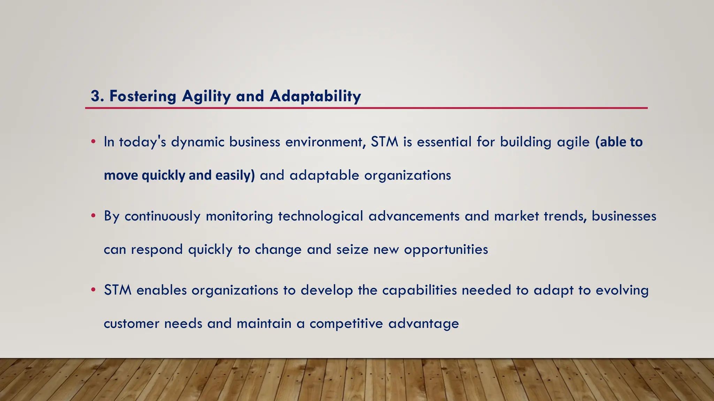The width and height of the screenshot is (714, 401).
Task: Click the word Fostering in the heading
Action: coord(143,96)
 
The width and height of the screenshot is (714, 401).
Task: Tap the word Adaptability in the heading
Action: coord(315,96)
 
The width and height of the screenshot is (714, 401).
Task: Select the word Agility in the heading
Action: coord(206,96)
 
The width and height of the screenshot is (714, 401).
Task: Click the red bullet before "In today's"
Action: coord(93,142)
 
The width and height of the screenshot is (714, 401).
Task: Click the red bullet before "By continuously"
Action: coord(93,216)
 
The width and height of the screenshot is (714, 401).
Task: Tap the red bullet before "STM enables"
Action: coord(93,290)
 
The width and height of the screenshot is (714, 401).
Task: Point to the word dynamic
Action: coord(197,142)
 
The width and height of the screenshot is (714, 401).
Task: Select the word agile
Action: coord(573,142)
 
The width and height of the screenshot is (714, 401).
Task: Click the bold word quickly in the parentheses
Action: coord(164,175)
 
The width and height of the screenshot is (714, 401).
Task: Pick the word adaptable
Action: coord(324,175)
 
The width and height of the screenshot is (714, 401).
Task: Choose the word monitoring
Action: coord(239,216)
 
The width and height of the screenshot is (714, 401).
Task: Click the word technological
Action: coord(320,216)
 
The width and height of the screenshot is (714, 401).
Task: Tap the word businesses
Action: coord(624,216)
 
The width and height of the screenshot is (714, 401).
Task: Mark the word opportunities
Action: coord(446,250)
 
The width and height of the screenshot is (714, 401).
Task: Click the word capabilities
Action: coord(419,290)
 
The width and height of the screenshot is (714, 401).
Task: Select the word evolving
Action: coord(622,290)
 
